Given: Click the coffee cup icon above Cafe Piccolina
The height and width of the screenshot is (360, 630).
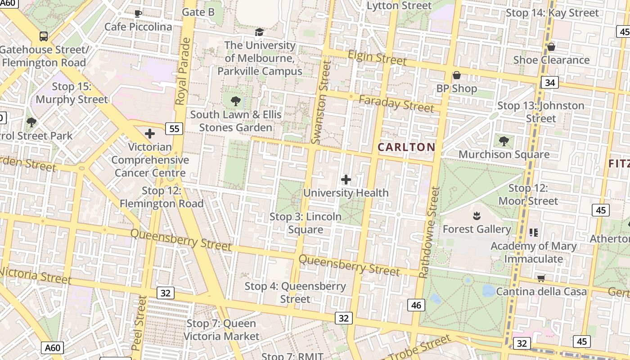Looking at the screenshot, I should point(138,13).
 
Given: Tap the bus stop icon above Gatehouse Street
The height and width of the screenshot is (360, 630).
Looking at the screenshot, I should point(44,36).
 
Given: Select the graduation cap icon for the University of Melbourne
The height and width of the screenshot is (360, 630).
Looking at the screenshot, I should point(259,32).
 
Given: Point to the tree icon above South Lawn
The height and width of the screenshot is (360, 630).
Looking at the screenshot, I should point(235,101).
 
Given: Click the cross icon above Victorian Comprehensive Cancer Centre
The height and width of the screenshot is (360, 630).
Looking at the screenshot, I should point(150,134).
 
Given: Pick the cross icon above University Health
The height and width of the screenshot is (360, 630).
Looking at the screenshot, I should point(346,180).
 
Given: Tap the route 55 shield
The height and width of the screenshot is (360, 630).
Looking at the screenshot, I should point(174,129).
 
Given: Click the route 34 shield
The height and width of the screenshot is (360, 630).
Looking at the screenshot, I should point(549,82).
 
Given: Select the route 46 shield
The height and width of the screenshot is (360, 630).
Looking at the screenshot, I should point(416,305).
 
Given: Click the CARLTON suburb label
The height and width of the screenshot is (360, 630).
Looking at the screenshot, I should point(406,147).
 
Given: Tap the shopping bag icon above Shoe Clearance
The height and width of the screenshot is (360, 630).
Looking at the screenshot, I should point(551,47).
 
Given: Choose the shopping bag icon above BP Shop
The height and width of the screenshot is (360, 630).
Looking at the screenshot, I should point(456,75).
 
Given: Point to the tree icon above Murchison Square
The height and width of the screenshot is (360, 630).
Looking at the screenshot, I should point(504,141).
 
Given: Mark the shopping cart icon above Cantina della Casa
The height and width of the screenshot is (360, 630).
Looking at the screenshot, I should point(541,279).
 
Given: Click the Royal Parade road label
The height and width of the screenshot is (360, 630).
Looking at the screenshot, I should point(183,72).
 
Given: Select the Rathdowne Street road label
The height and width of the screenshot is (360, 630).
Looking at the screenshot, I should point(429,232).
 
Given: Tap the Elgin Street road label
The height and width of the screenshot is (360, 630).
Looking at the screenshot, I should point(377,58).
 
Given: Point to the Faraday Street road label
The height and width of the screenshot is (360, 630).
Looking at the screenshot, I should point(396,103).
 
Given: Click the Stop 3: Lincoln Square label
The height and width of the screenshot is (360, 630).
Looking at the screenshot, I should point(306,223).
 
